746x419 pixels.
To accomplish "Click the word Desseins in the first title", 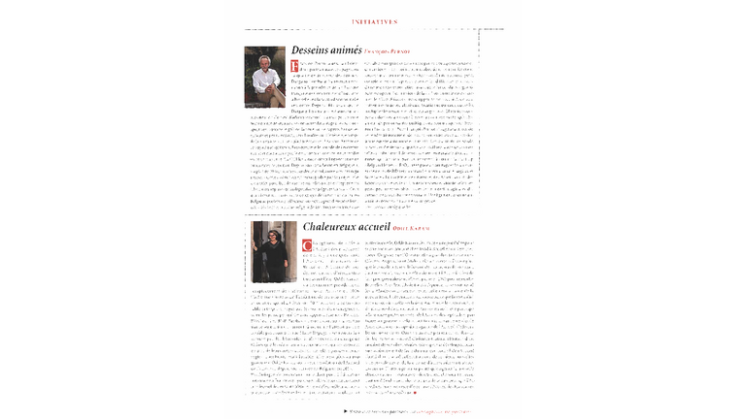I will tap(312, 48).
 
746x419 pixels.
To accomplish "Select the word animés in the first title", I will tap(347, 48).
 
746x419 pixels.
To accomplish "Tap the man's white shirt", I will tap(265, 84).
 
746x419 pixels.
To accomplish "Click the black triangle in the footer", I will tap(345, 409).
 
